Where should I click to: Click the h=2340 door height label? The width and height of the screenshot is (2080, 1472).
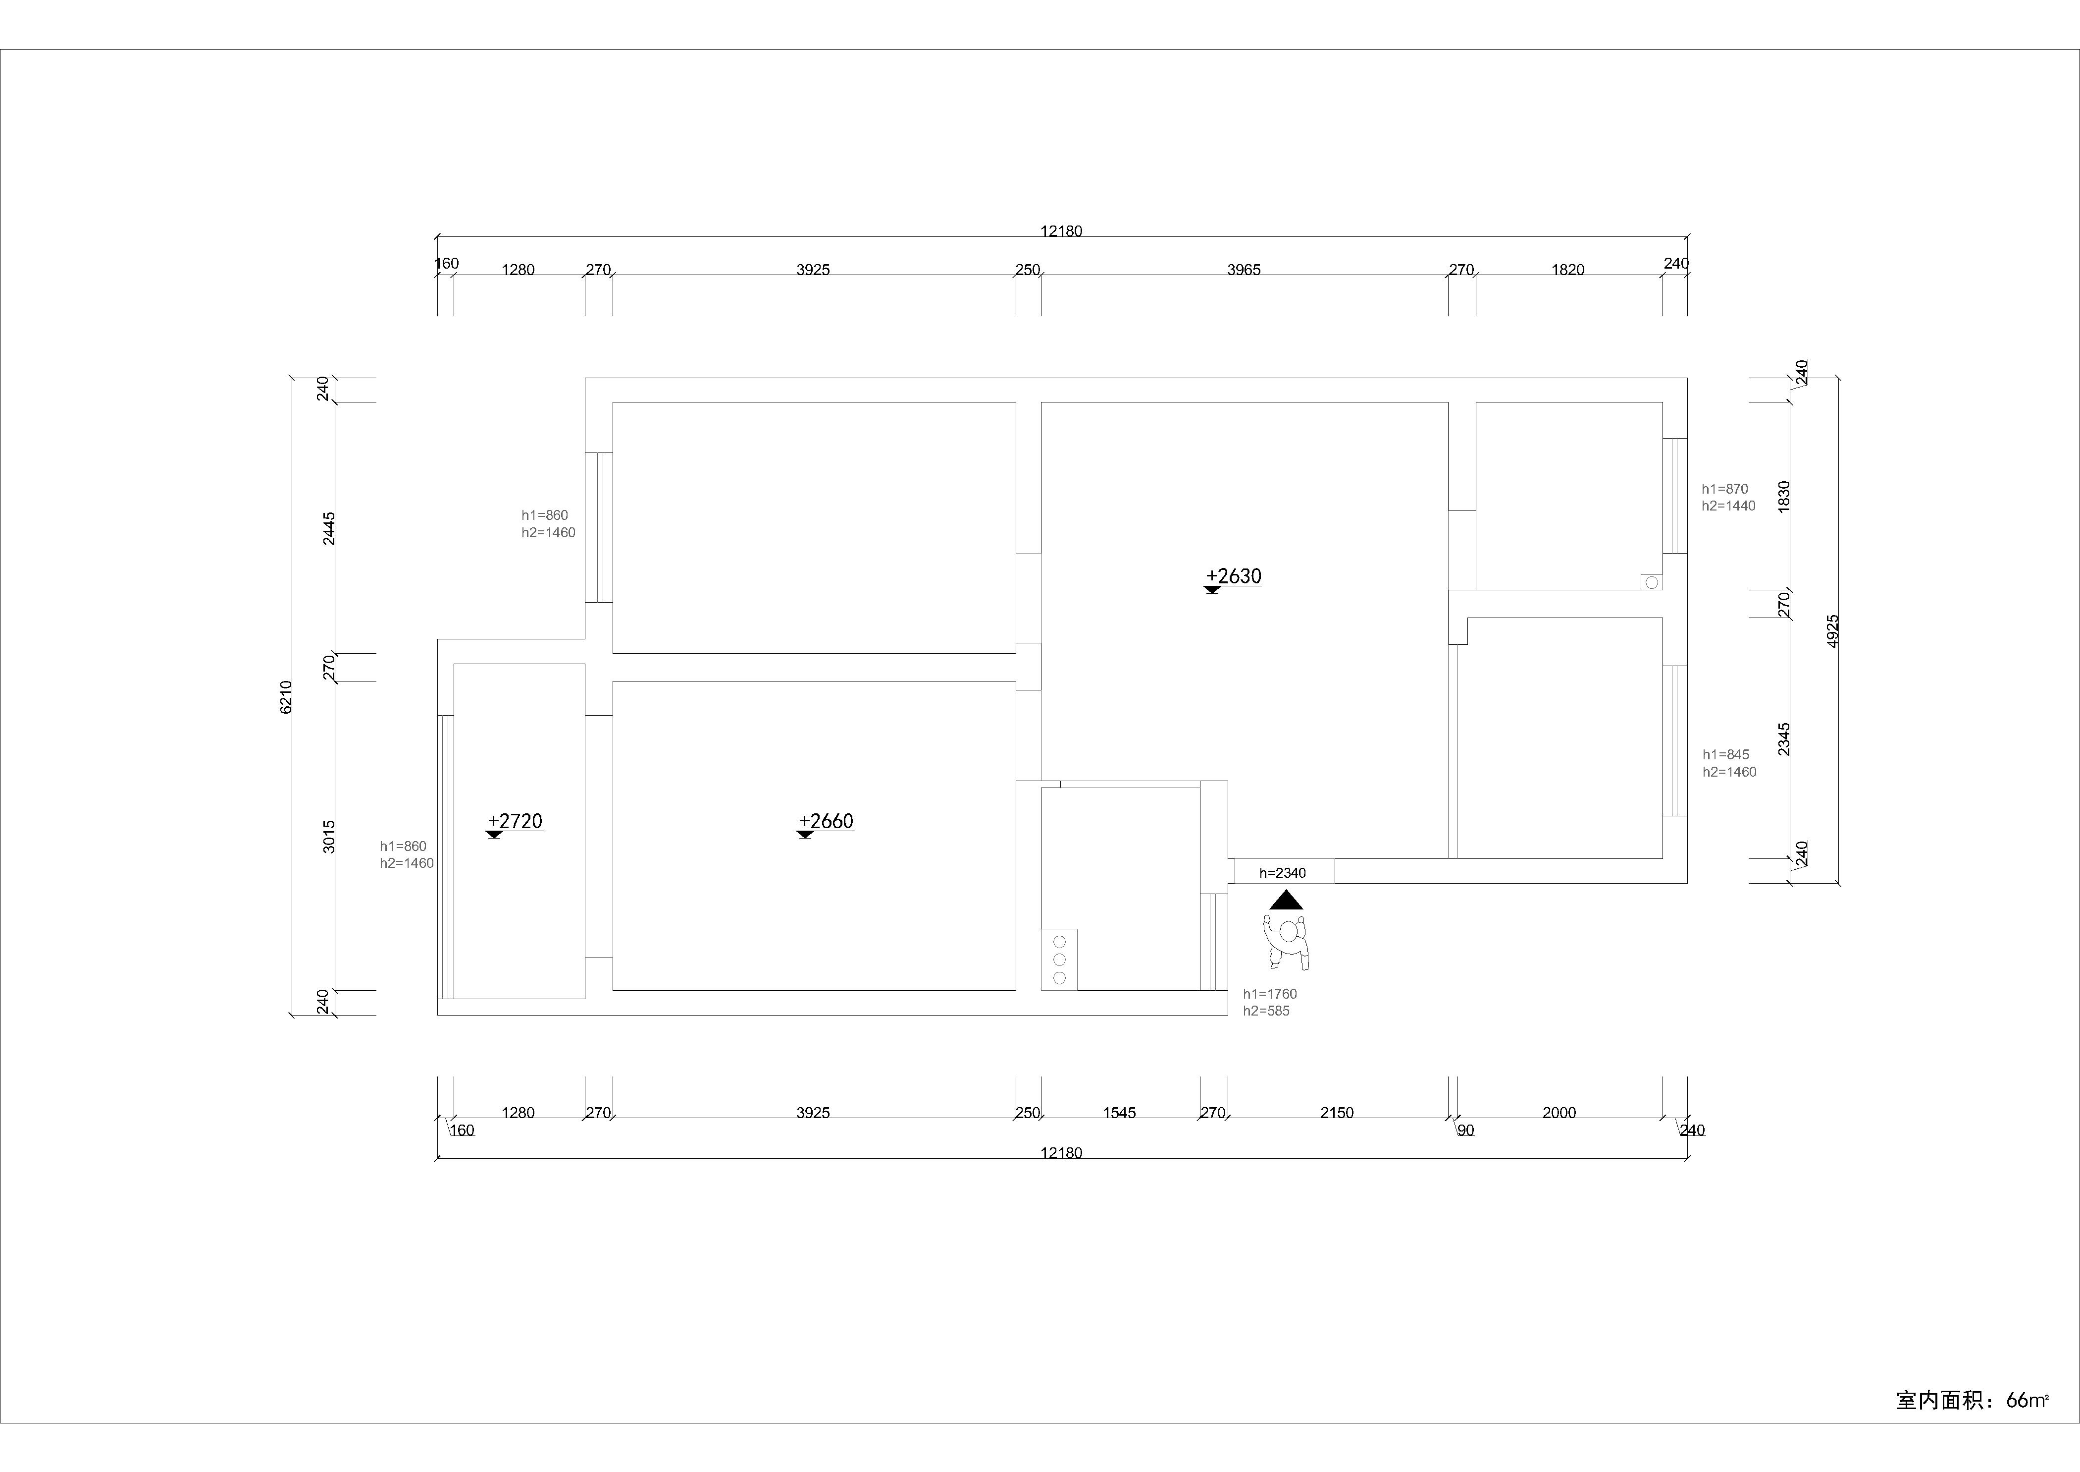1283,873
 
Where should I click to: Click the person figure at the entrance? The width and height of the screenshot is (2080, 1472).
1287,942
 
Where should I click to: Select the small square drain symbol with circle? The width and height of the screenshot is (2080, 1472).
1652,582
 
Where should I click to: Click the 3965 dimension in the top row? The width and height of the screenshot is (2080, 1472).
1244,269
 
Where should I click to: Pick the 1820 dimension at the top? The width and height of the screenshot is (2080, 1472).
1568,269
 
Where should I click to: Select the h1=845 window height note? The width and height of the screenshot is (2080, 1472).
1726,755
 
